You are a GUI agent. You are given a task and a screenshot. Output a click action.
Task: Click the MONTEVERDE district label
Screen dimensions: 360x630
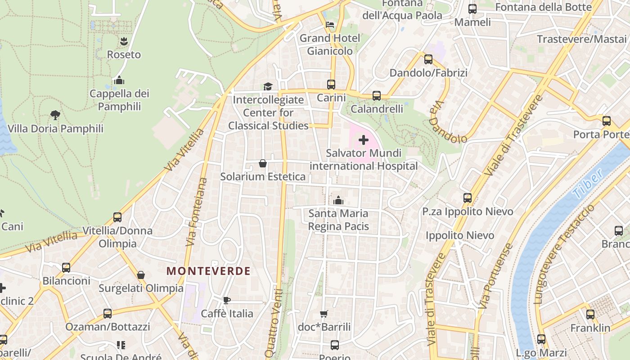208,271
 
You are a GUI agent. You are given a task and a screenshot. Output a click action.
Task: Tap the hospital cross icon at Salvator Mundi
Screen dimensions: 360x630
364,140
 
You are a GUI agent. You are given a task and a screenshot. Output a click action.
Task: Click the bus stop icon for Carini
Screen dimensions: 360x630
331,85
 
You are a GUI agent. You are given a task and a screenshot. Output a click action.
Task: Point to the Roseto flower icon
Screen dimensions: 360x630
124,42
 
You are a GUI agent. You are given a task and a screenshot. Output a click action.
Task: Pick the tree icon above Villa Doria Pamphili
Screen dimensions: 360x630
55,115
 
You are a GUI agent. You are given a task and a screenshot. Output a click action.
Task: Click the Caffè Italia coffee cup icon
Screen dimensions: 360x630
227,300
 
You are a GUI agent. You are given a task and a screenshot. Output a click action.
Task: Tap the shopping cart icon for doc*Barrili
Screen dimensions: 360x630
324,314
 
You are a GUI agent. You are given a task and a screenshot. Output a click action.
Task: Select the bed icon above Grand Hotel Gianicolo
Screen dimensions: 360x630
330,25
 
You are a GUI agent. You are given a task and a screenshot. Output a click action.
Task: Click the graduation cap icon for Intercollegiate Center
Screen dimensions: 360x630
268,86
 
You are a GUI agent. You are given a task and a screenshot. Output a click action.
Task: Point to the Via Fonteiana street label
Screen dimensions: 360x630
197,211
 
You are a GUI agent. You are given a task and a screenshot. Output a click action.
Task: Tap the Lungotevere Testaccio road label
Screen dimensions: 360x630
564,254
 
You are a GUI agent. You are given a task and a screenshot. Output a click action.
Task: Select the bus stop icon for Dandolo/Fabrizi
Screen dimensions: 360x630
428,59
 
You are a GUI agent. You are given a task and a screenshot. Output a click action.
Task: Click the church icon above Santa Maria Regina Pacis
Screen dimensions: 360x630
338,200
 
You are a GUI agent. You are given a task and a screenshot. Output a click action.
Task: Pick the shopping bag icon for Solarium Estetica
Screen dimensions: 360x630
263,163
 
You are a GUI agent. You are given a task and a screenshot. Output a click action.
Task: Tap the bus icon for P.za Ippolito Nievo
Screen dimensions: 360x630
468,198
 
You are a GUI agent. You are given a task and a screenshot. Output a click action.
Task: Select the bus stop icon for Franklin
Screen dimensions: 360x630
590,315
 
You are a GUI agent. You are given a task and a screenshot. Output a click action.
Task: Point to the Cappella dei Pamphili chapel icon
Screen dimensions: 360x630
119,81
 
